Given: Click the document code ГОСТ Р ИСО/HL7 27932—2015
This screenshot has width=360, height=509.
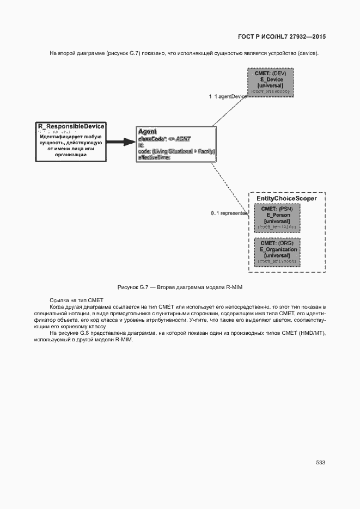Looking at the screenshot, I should pos(282,37).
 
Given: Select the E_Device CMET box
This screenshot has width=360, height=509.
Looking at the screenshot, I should pos(270,82).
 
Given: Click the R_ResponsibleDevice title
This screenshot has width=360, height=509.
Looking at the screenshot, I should pos(71,126).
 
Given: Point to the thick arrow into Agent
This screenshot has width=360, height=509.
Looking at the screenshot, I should pos(120,142).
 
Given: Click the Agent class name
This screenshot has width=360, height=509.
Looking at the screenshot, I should pos(148,132).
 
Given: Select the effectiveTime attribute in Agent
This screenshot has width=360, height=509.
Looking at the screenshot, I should pos(154,157).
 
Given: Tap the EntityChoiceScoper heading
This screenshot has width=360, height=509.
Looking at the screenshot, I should pos(286,199).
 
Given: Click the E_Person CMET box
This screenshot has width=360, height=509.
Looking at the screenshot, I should pos(277,218).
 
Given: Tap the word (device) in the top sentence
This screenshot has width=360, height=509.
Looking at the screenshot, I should pos(306,53).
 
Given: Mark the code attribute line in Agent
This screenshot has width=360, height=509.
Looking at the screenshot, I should pos(176,151).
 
